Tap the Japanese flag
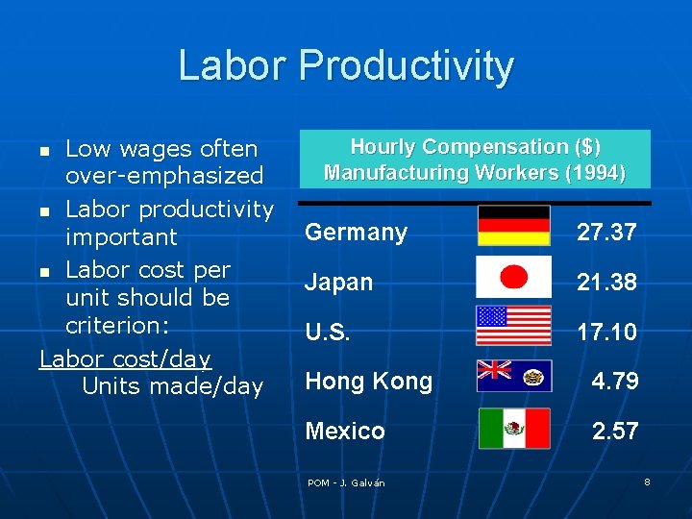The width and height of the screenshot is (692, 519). (x=514, y=277)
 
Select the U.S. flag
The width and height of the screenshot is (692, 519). (x=514, y=325)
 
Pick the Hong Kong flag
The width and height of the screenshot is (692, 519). (x=514, y=376)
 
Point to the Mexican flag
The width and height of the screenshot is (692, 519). (x=514, y=429)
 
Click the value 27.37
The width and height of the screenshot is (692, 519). (x=606, y=233)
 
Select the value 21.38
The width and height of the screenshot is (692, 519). (x=606, y=283)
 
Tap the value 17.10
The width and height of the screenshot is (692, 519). (x=606, y=333)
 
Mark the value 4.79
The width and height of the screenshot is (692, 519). (x=615, y=382)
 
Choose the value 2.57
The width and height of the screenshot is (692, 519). (x=615, y=432)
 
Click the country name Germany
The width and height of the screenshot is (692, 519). (x=356, y=233)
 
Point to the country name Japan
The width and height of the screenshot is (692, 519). (x=338, y=283)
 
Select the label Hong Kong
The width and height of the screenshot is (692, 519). (x=368, y=382)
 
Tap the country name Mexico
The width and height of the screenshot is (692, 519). (x=345, y=432)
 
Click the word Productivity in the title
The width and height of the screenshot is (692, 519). (x=407, y=66)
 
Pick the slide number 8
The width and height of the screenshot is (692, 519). (x=647, y=482)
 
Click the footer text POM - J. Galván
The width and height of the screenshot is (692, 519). (x=346, y=482)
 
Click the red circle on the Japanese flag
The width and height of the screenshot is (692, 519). (x=515, y=277)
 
